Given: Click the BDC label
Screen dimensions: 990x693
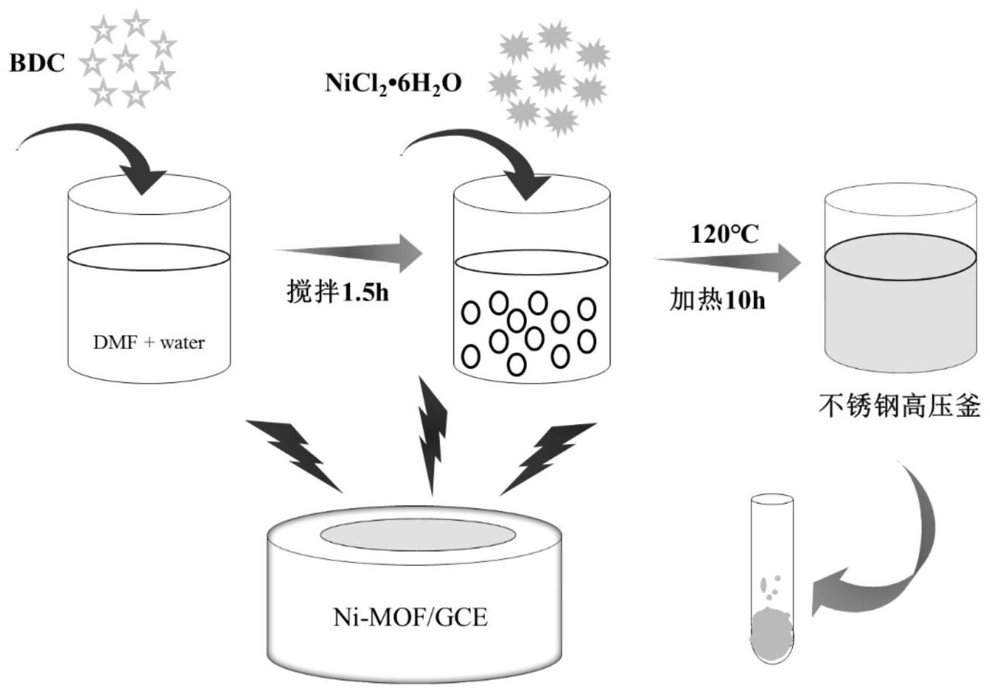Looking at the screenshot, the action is (x=37, y=62).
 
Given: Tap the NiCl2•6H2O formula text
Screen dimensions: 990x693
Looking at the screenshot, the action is (x=394, y=83).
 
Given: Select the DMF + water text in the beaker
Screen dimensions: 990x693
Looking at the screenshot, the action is (x=149, y=343).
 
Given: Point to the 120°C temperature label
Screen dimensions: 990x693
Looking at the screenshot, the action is (x=725, y=235).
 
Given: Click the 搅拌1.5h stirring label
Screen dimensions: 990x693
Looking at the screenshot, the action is (x=337, y=292).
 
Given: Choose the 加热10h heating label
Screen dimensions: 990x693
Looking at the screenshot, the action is (x=717, y=301).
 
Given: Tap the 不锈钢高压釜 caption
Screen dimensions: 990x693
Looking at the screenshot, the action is (x=899, y=405).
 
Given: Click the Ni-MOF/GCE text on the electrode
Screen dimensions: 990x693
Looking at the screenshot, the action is (x=410, y=617).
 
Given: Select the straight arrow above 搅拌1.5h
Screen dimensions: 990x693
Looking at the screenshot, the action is (x=349, y=253).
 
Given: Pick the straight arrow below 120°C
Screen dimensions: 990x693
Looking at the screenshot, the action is (x=728, y=263).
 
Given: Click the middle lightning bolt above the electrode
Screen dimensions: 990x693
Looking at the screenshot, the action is (x=432, y=435).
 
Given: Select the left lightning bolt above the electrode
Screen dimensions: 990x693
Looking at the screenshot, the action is (x=294, y=456).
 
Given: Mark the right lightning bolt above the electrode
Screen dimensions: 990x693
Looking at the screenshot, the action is (x=548, y=458).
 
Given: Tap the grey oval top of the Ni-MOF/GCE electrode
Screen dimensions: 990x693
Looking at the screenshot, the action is (x=418, y=535).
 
